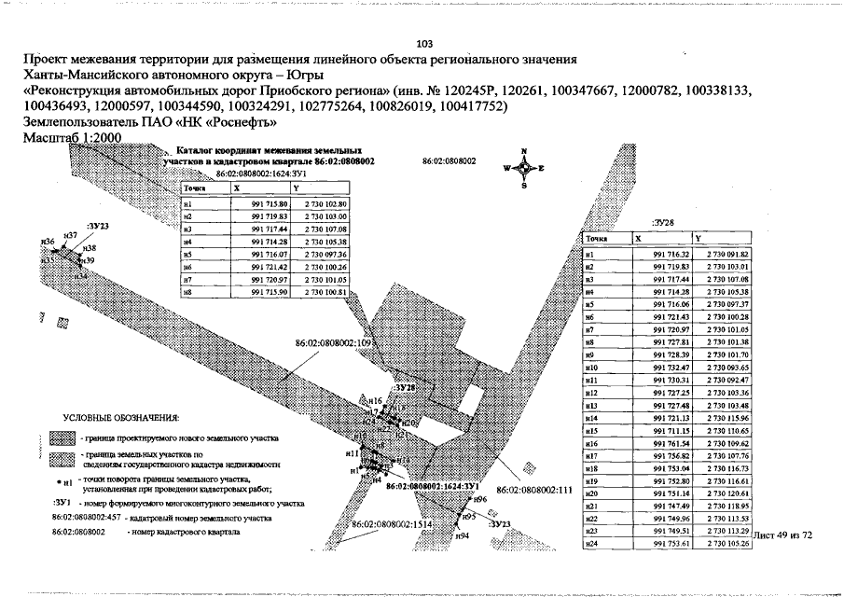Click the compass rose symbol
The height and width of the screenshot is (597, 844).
pyautogui.click(x=525, y=168)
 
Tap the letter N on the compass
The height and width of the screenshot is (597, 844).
pyautogui.click(x=525, y=151)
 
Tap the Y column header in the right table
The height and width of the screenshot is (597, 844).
pyautogui.click(x=699, y=238)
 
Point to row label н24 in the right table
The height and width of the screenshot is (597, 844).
pyautogui.click(x=590, y=543)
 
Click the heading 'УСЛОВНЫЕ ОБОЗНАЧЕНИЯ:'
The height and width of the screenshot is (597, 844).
pyautogui.click(x=121, y=416)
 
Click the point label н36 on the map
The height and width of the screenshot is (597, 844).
pyautogui.click(x=48, y=241)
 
